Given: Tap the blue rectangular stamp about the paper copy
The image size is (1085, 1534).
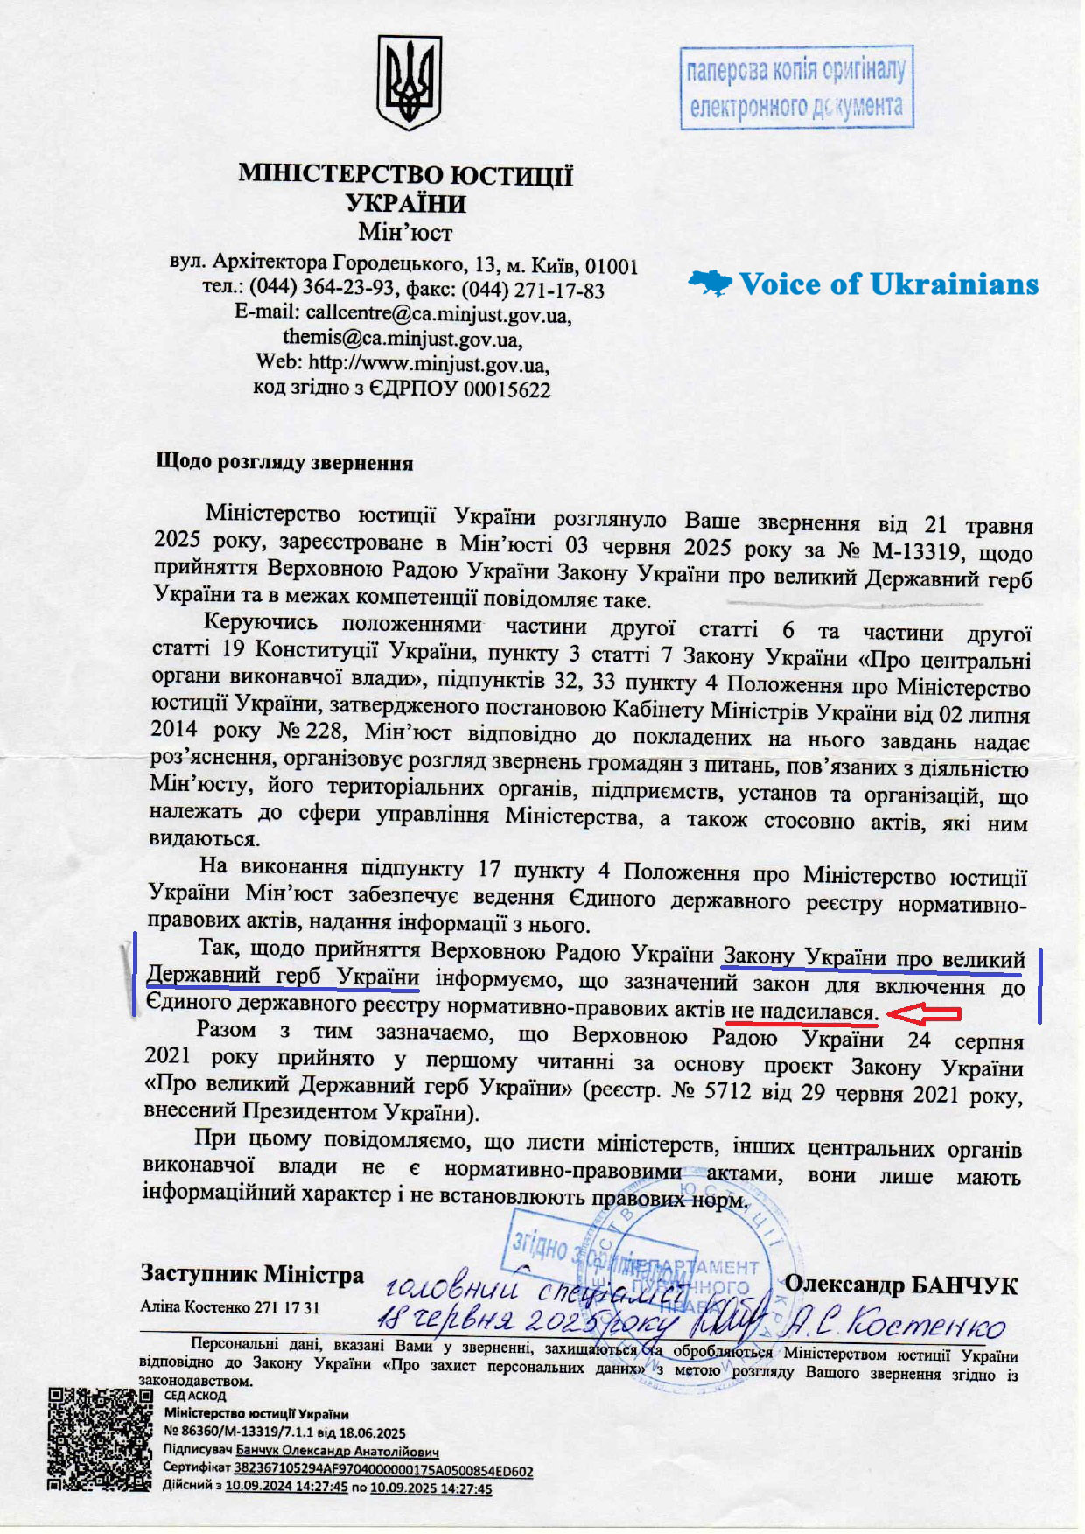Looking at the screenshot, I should coord(796,88).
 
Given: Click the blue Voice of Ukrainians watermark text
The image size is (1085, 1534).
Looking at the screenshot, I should coord(889,284).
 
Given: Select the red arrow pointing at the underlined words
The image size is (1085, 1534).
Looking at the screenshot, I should coord(923,1014).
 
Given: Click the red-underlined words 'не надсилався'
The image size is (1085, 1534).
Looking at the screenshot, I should coord(803,1012).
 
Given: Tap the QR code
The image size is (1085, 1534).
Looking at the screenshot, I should coord(99,1439).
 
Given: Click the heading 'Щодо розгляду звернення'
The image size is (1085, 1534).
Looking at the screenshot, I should coord(283,462).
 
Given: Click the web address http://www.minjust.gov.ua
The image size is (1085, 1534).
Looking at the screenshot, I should coord(429,362).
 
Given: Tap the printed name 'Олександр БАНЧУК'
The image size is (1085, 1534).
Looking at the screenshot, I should coord(901,1285).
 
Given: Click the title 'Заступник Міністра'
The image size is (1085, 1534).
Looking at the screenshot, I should coord(252,1274).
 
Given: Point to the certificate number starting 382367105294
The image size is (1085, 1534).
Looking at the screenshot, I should coord(384,1471).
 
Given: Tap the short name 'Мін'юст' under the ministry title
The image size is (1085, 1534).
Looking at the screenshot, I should coord(405,233).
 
